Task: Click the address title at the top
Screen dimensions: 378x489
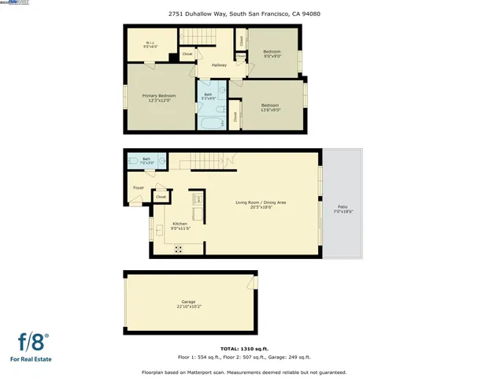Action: [243, 13]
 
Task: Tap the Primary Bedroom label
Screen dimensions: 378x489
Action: [158, 98]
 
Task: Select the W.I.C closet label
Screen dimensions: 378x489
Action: [150, 45]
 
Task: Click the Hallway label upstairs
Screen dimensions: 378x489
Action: [219, 65]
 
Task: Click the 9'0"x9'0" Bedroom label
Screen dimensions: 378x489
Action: [272, 54]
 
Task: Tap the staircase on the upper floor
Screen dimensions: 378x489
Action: [198, 37]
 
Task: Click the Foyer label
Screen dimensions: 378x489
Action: [139, 188]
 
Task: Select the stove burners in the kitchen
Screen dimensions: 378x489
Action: [178, 248]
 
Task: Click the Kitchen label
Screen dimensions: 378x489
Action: [180, 226]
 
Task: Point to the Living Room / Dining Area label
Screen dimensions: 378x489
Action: [261, 205]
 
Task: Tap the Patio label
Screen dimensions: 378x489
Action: [343, 210]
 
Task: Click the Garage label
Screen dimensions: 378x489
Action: [188, 303]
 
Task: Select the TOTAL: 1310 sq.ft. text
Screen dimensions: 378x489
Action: [243, 347]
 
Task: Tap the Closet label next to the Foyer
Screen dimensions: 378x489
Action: [161, 196]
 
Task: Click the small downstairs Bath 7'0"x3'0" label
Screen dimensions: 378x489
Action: [146, 161]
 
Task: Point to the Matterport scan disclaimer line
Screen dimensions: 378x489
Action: [243, 372]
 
